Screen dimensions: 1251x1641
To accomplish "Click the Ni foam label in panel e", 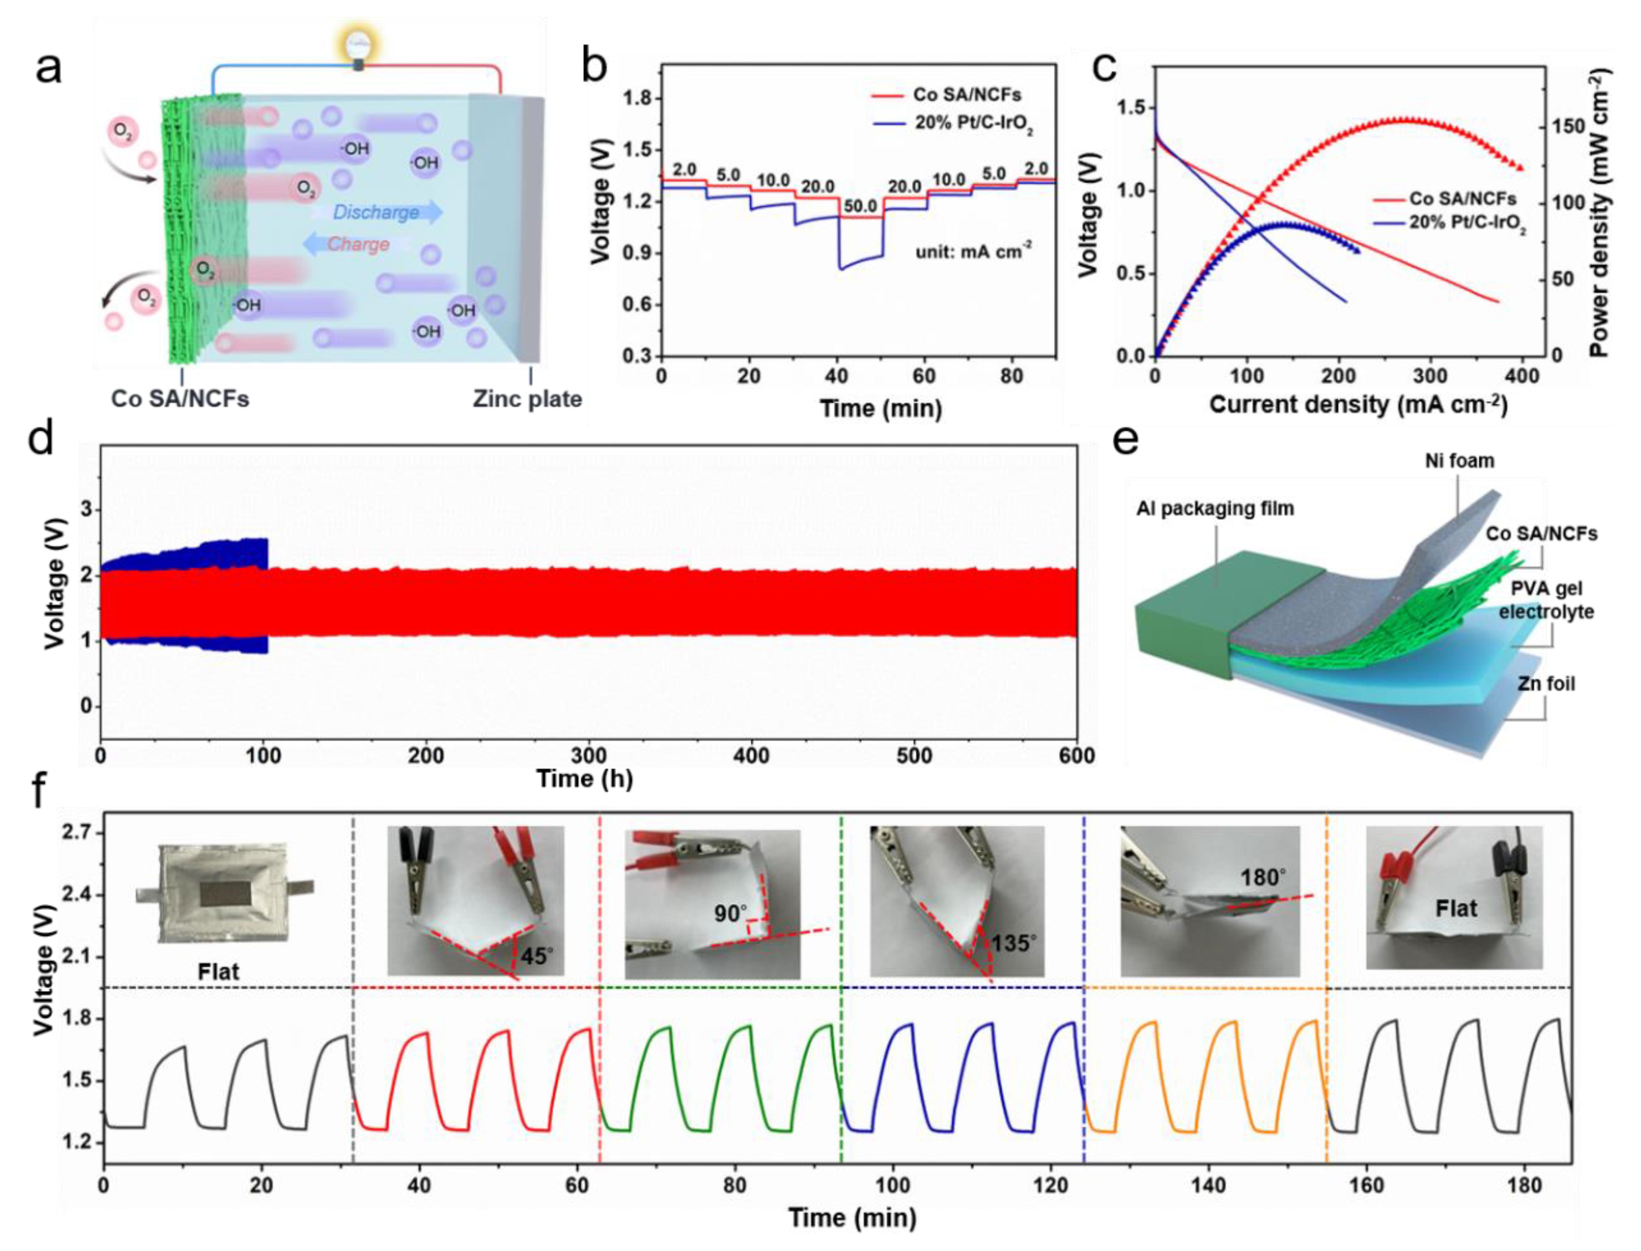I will (1459, 461).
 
